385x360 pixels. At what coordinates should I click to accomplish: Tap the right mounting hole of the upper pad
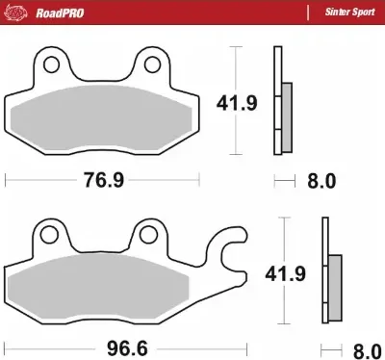click(152, 66)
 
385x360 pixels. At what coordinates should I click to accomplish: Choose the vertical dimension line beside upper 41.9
click(237, 101)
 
